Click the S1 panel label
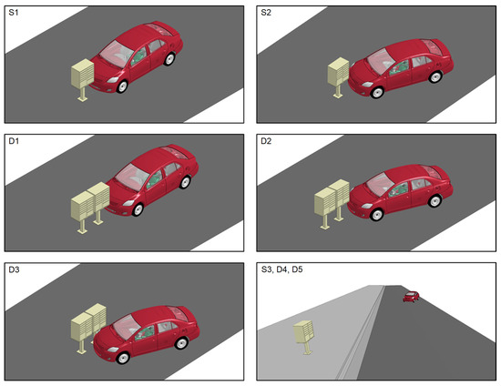click(14, 13)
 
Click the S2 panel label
click(266, 13)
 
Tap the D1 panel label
click(14, 141)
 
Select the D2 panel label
click(266, 141)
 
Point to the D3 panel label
click(14, 269)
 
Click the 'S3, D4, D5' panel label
click(281, 269)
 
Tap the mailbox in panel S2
click(338, 77)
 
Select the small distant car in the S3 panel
click(411, 297)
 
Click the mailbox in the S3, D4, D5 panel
click(304, 337)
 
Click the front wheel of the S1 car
click(122, 86)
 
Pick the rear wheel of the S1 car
click(169, 59)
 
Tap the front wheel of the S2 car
click(377, 92)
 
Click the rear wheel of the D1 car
click(185, 182)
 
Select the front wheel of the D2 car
click(377, 215)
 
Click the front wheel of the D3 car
click(123, 358)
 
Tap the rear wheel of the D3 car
click(181, 343)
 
